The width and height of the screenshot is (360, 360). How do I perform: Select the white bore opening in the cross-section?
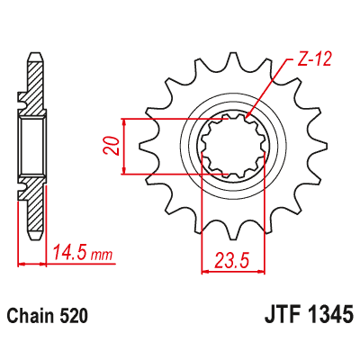[x=32, y=146]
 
